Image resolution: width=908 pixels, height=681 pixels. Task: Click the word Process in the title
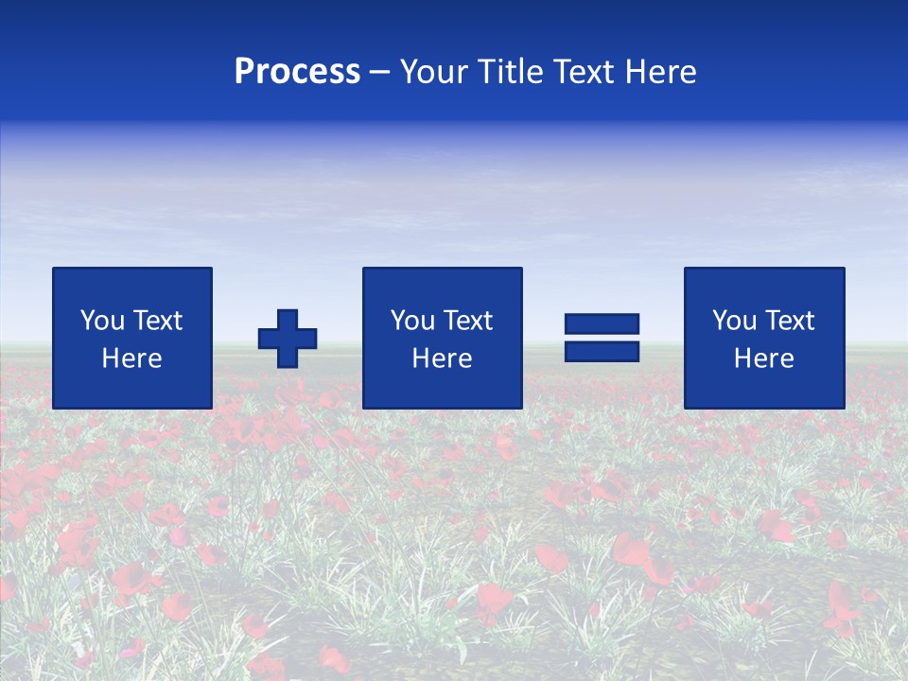297,72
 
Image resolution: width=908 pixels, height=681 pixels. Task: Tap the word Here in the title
659,72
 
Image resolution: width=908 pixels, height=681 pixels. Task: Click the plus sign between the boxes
288,338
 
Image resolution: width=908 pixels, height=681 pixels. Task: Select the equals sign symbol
602,338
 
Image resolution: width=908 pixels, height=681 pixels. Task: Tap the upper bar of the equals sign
602,323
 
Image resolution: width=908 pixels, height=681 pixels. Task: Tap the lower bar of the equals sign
602,352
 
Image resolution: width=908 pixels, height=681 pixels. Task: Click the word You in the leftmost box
102,321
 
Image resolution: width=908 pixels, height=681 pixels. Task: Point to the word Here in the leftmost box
132,358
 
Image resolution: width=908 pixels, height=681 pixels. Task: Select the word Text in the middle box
467,321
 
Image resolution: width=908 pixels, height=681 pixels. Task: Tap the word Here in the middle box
442,358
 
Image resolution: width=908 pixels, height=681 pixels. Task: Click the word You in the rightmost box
734,321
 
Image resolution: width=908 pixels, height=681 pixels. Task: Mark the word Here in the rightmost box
764,358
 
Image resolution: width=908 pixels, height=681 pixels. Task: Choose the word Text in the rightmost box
789,321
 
